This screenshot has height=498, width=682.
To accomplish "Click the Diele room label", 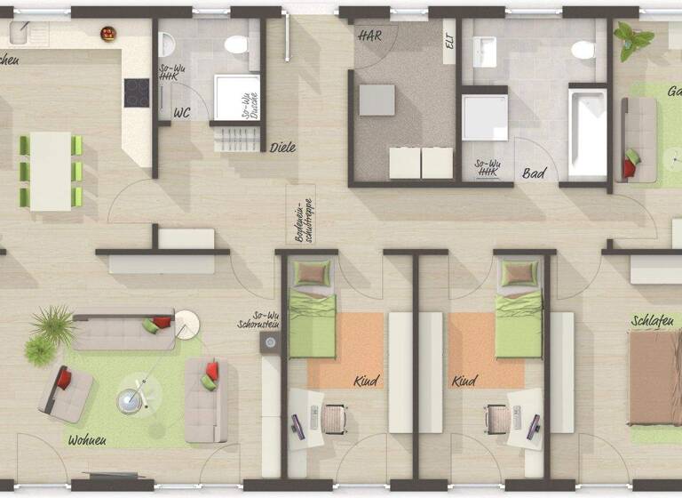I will pos(282,148).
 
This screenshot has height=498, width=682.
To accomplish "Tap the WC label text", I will pos(182,113).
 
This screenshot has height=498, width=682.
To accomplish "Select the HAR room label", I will pos(369,36).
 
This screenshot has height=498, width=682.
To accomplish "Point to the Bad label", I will pos(534,173).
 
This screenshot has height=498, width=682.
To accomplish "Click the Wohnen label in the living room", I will pos(87,439).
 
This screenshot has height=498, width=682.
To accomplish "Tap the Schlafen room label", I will pos(653,320).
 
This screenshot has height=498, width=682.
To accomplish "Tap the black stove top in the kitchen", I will pos(136,92).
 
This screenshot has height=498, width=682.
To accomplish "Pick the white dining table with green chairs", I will pos(51,170).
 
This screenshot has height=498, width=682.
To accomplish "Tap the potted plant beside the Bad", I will pos(633,39).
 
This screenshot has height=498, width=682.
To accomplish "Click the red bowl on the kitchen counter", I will pos(108,34).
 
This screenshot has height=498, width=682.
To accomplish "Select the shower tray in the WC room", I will pos(237,98).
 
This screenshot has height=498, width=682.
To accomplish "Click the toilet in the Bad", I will pos(584,49).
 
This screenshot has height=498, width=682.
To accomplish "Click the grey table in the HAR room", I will pos(377,100).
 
